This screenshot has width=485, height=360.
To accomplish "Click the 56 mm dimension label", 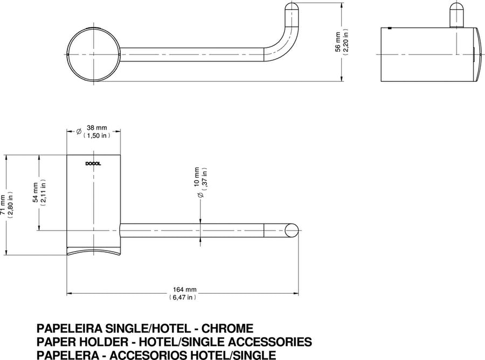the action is tap(338, 42).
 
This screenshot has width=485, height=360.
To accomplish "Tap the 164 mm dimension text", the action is tap(185, 289).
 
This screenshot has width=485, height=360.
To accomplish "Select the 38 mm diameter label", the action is tap(96, 127).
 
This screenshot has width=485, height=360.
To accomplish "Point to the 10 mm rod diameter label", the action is tap(197, 177).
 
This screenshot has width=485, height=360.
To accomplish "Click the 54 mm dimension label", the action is tap(36, 193).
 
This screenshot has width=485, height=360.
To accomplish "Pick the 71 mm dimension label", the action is tap(3, 205).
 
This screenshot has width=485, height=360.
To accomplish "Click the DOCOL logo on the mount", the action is tap(93, 164).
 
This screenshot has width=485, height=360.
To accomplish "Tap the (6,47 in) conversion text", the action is tap(183, 297).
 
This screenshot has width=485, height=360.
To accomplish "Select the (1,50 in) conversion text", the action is tap(96, 135).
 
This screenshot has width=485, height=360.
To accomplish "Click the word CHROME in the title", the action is tap(227, 328).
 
